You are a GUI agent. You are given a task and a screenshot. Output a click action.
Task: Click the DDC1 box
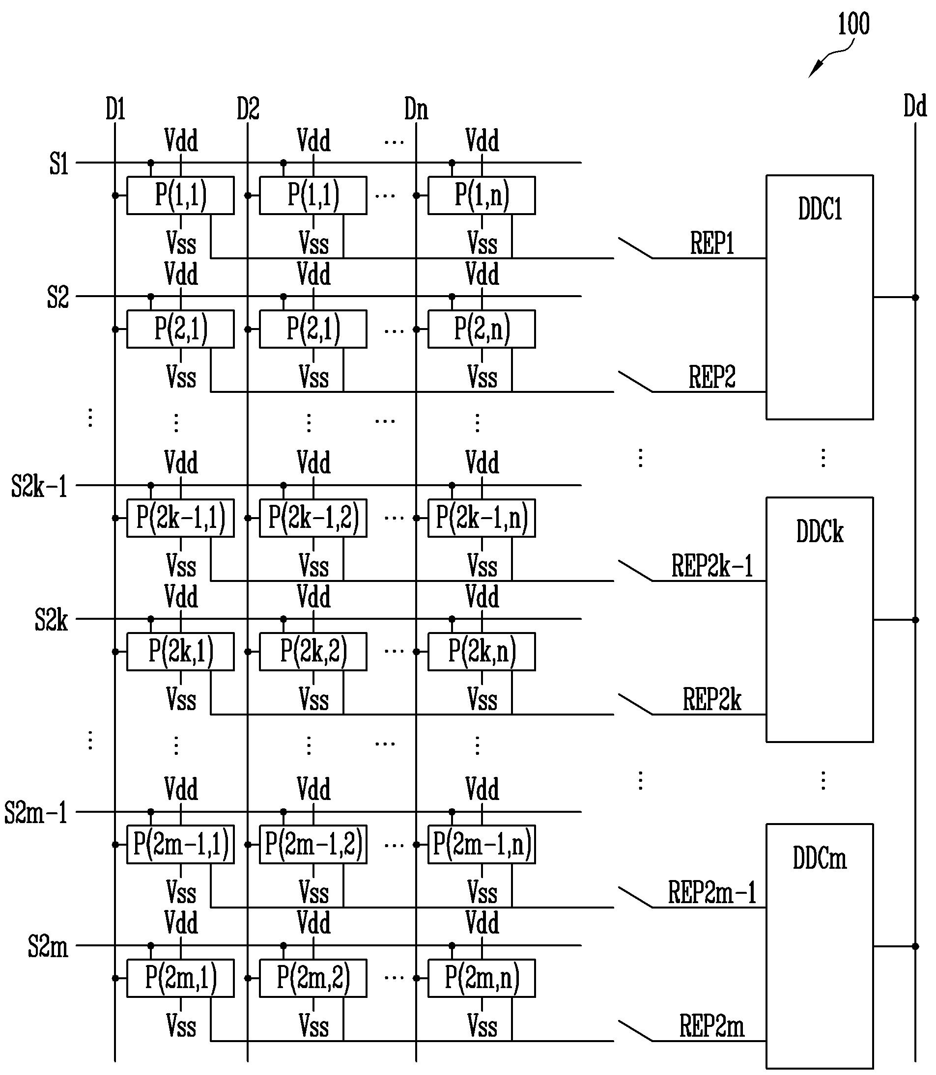coord(819,297)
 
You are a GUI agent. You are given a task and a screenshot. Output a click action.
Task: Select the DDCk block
coord(819,620)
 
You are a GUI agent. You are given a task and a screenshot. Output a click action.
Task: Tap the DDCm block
coord(819,946)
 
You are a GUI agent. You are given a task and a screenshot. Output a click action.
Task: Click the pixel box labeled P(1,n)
coord(482,195)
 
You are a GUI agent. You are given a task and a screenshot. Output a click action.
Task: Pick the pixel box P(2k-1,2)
coord(313,518)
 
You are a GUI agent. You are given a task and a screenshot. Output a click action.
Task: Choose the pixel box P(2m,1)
coord(180,978)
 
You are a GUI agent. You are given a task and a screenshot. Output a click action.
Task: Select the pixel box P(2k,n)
coord(482,652)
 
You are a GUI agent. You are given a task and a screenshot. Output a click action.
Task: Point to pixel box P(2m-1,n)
coord(482,844)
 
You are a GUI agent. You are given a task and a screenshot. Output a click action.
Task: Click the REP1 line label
coord(712,243)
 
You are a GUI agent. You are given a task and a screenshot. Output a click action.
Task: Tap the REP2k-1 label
coord(712,566)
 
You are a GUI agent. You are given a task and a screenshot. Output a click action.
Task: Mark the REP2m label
coord(712,1026)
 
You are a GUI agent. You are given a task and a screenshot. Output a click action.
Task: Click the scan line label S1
coord(59,164)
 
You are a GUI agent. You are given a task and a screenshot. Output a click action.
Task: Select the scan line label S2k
coord(51,620)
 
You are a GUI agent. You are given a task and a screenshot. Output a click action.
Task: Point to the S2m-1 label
coord(36,813)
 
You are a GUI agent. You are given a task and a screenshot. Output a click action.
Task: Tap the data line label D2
coord(248,109)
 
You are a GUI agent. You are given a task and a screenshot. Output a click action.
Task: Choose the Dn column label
coord(416,109)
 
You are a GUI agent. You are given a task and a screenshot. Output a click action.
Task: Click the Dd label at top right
coord(915,106)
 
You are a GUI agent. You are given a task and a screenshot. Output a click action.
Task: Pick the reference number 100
coord(853,24)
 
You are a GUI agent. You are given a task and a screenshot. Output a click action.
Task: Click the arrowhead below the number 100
coord(813,72)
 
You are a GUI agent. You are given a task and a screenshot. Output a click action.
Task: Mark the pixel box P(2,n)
coord(482,329)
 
